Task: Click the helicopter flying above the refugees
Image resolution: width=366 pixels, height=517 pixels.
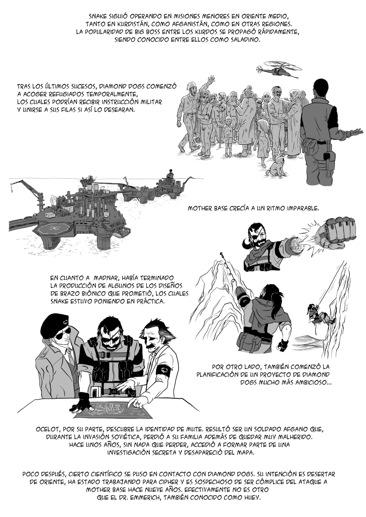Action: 279,69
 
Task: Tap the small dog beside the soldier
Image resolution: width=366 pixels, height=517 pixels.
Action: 275,165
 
